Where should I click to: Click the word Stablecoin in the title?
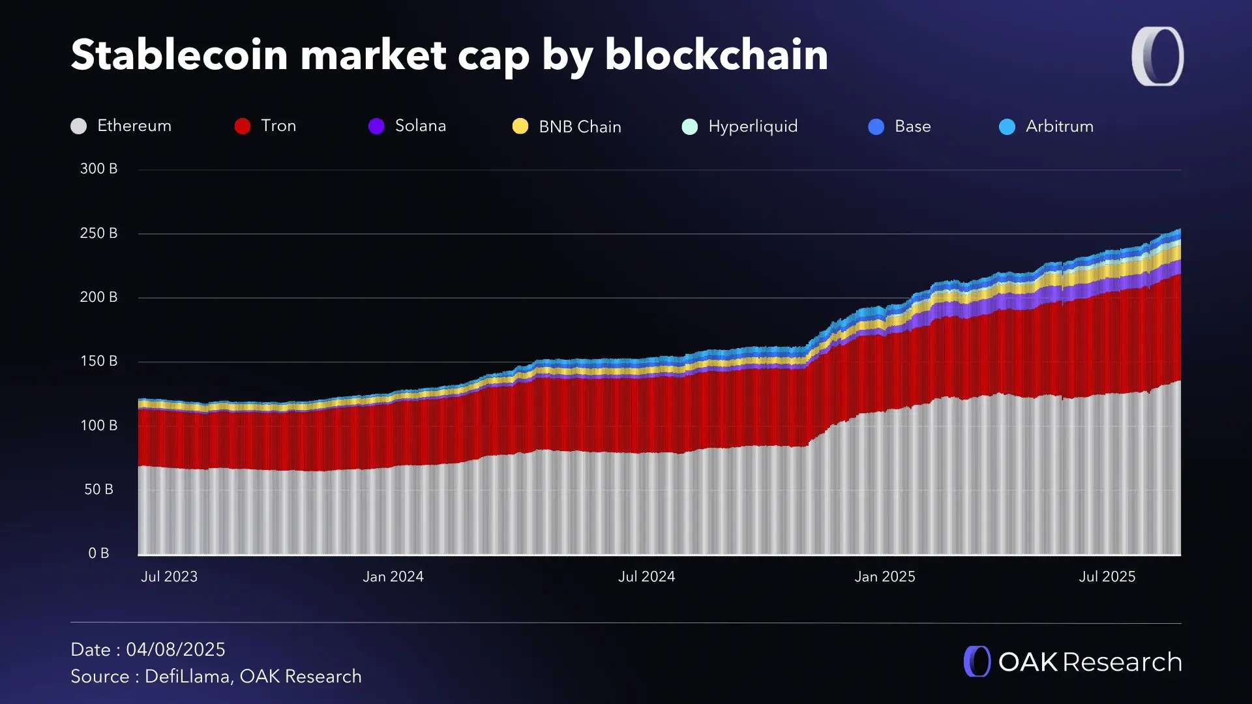[x=179, y=55]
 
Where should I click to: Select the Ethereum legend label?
[x=134, y=126]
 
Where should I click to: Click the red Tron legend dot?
[x=243, y=126]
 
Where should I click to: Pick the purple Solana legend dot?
[x=376, y=126]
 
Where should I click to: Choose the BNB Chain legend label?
[x=580, y=126]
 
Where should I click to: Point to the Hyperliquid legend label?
[x=753, y=126]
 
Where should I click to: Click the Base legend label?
[x=912, y=126]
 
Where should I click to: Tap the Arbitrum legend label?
[x=1059, y=126]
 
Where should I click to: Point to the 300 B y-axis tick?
[x=98, y=169]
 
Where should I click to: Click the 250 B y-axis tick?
[x=98, y=233]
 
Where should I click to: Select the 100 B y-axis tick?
[x=98, y=426]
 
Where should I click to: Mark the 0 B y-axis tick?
[x=98, y=553]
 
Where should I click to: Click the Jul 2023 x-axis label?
[x=169, y=577]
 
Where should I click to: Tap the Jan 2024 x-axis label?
[x=393, y=577]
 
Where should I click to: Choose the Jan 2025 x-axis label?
[x=885, y=577]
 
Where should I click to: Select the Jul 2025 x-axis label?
[x=1107, y=577]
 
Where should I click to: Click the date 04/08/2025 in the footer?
[x=175, y=650]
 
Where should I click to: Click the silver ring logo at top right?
[x=1158, y=56]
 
